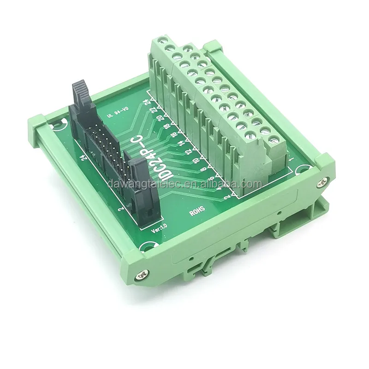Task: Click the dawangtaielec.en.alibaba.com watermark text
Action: pos(184,184)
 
